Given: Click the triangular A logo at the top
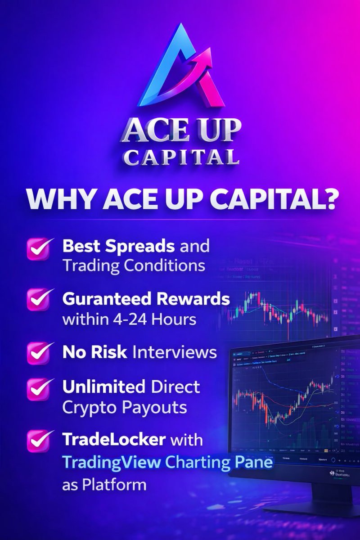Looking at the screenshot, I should pos(180,67).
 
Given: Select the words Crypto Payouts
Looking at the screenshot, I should pos(125,407).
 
